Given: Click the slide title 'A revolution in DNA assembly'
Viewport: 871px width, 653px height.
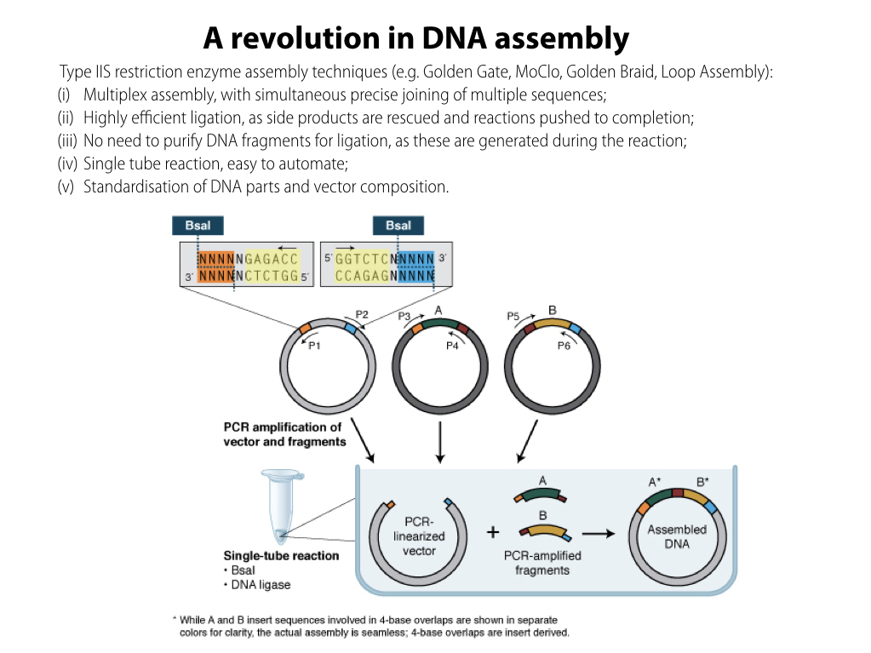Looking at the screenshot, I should point(416,38).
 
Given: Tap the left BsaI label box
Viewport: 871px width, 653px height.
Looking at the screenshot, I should point(198,225).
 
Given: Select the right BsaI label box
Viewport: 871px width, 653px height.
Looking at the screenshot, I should point(398,225).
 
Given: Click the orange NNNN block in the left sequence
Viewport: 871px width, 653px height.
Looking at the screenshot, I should point(215,266).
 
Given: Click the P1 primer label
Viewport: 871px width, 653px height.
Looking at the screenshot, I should point(314,347).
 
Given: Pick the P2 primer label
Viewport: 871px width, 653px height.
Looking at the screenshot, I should point(361,315).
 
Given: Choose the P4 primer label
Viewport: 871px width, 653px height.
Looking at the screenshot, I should point(453,347).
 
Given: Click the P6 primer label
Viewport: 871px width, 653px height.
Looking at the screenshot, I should point(564,347).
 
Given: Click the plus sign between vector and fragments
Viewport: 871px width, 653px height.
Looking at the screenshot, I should point(492,533).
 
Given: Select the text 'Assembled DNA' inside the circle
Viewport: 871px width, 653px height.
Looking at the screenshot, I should point(677,536).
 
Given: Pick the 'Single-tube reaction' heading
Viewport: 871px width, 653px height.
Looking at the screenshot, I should point(281,556).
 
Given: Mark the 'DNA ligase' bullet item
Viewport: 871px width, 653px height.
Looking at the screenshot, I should point(261,585).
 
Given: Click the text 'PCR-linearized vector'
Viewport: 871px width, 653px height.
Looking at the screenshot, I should point(419,536).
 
